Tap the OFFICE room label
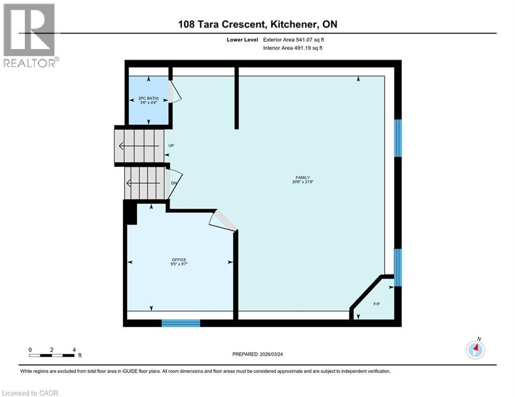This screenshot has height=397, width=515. pos(179,259)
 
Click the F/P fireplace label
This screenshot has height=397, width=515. pos(377,303)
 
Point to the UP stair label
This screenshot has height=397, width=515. pos(171,146)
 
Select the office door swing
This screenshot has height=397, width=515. pos(223,221)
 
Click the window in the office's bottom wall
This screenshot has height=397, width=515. pos(181,323)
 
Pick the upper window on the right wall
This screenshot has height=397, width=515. pos(398,138)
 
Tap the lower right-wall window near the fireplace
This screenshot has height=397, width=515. pos(398,267)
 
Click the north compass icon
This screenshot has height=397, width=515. pos(475,349)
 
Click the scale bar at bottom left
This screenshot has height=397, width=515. pos(52,355)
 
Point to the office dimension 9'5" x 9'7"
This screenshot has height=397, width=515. pos(179,264)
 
